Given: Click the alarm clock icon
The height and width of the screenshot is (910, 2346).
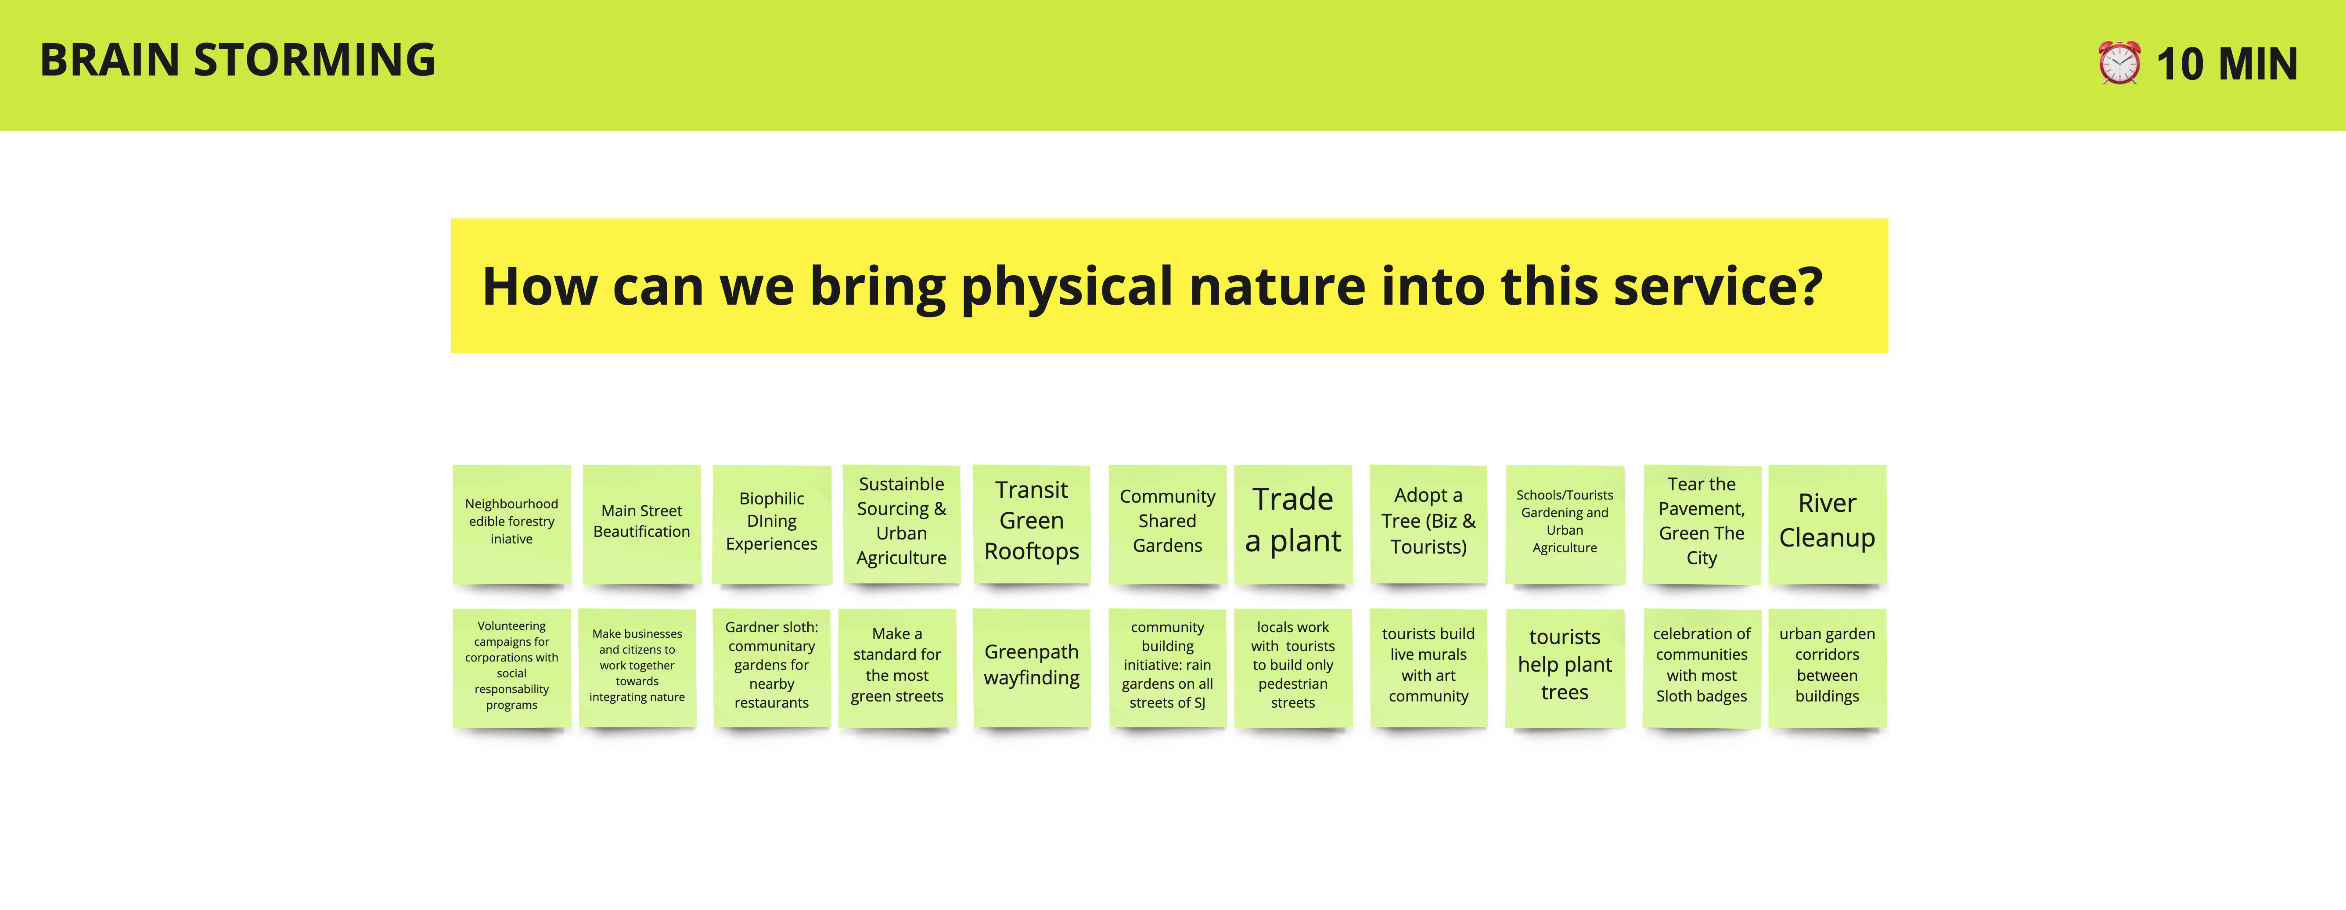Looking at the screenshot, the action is (2119, 63).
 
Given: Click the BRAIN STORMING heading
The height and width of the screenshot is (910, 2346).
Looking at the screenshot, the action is (237, 60).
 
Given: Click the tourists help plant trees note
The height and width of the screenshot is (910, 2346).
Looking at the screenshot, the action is (1565, 668).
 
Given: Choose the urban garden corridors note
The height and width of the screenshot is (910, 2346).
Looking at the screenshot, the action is (1827, 668).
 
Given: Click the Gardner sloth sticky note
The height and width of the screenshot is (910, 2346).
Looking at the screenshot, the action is (771, 668).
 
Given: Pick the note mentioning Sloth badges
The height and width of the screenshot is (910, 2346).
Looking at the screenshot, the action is (1701, 668).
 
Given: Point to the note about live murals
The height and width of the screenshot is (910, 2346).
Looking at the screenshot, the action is (1428, 668).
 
